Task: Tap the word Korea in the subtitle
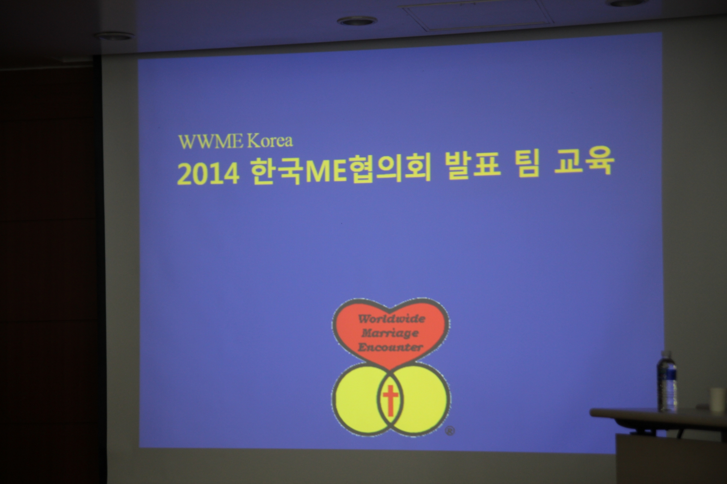tap(270, 141)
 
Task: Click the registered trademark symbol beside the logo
tap(449, 431)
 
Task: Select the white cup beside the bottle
tap(716, 399)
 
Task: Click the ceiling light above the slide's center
tap(357, 20)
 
